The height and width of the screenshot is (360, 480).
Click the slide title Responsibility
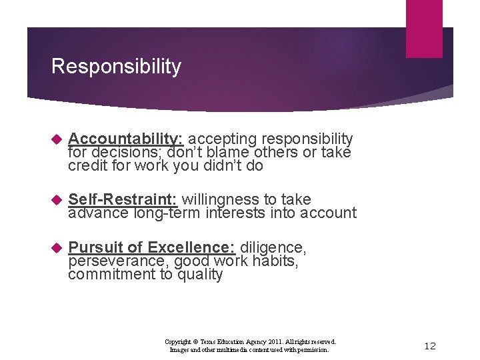(116, 67)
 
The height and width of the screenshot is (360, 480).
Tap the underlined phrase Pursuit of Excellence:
(152, 248)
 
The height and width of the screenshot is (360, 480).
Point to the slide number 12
(430, 345)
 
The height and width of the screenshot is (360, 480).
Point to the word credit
(86, 165)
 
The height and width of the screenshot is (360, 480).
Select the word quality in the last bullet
(200, 275)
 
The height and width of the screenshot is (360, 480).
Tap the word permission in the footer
(311, 349)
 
